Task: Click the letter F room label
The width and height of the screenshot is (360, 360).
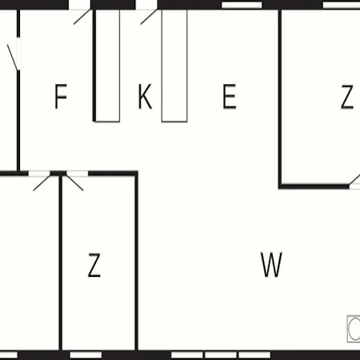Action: click(x=61, y=96)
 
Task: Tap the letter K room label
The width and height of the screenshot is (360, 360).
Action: click(x=145, y=96)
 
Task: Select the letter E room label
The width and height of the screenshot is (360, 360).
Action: click(x=230, y=96)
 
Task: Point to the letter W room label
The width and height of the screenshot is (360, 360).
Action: click(x=271, y=265)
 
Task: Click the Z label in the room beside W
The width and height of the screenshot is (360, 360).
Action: click(x=94, y=265)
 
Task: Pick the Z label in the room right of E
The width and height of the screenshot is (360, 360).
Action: click(x=347, y=97)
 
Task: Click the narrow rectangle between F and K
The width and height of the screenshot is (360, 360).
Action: click(x=107, y=66)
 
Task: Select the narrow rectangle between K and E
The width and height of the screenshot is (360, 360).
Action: click(x=174, y=66)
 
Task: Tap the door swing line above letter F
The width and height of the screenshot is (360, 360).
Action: click(x=82, y=17)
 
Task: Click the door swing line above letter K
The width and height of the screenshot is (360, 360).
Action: click(x=149, y=17)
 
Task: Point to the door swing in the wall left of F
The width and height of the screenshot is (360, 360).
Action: click(x=13, y=58)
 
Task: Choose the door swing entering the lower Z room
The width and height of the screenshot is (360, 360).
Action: click(x=75, y=182)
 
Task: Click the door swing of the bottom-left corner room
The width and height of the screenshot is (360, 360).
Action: click(x=42, y=183)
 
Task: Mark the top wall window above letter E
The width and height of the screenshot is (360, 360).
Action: click(x=242, y=5)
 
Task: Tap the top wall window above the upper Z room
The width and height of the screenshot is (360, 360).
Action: click(x=342, y=5)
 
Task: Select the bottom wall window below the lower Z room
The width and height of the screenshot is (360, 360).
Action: click(x=86, y=355)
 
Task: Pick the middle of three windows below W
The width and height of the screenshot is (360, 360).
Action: click(x=221, y=355)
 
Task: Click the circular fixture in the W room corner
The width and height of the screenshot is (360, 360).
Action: click(x=354, y=329)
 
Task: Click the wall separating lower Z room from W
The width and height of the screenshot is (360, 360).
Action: click(x=136, y=262)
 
